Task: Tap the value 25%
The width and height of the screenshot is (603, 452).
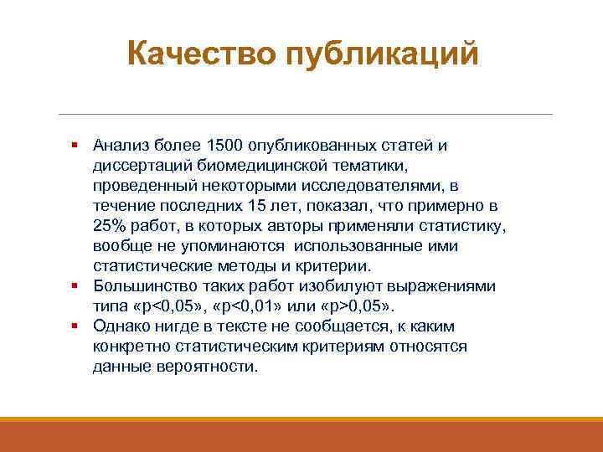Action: click(109, 226)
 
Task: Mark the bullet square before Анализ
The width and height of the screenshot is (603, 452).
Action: click(75, 146)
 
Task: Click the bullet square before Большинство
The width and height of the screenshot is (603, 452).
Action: click(75, 286)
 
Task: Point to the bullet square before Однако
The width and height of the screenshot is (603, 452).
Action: click(75, 326)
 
